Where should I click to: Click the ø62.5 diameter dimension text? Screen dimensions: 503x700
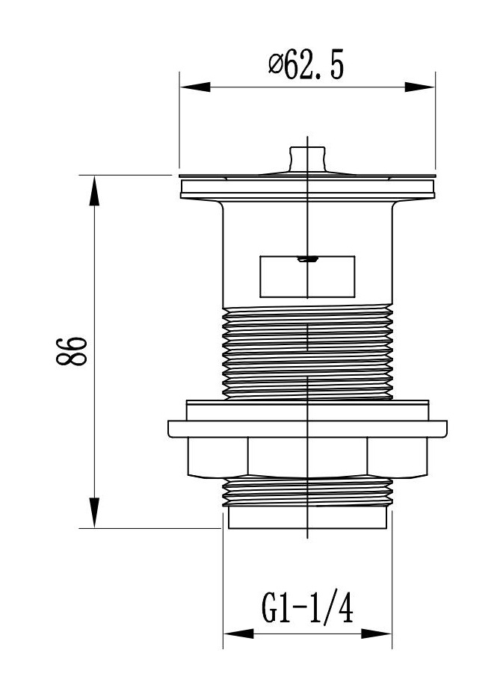[x=306, y=65]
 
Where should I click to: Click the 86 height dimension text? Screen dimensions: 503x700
[x=72, y=351]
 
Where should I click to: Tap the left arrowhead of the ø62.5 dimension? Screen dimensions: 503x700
[x=195, y=87]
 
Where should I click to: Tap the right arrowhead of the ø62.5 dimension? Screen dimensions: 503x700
[x=420, y=87]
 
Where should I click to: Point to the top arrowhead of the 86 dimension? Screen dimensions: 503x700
[x=94, y=191]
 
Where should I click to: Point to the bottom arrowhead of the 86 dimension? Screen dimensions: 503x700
[x=94, y=512]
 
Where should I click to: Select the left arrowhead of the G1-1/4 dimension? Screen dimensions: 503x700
[x=238, y=634]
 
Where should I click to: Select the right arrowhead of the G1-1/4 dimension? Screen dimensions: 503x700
[x=377, y=634]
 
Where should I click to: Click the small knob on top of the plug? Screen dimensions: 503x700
[x=307, y=159]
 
